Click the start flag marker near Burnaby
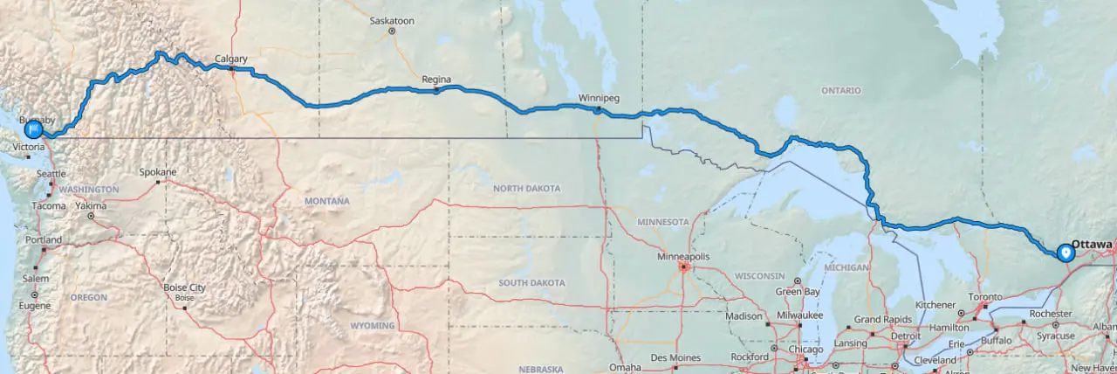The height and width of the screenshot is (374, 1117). click(33, 129)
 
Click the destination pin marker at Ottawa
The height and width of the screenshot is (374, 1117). click(1065, 253)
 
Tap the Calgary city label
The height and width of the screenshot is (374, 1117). click(231, 59)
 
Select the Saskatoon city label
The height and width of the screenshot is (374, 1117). click(392, 20)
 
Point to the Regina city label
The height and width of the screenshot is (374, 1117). click(435, 79)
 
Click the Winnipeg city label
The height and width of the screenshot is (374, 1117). click(599, 98)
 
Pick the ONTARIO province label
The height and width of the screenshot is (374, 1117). click(840, 91)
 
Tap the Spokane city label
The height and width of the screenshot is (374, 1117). click(158, 172)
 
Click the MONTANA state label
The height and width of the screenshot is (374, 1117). click(326, 201)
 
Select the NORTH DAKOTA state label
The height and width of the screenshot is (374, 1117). click(526, 189)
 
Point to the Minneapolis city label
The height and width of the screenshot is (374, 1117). click(684, 256)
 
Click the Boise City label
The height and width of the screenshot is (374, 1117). click(184, 287)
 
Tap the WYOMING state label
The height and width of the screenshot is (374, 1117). click(373, 326)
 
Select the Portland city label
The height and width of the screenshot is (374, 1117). click(44, 239)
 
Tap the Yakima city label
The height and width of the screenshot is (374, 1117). click(90, 206)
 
